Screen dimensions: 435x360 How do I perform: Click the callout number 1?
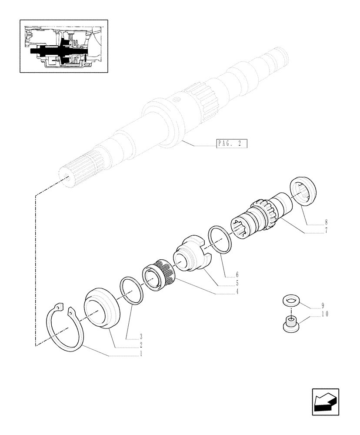click(x=140, y=354)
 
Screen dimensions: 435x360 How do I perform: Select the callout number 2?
click(x=140, y=345)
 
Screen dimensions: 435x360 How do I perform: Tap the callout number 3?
click(x=140, y=337)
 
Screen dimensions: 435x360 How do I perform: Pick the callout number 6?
click(x=237, y=274)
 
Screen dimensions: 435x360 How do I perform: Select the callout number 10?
click(x=324, y=314)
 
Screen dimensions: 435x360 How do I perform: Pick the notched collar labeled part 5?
click(x=192, y=254)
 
